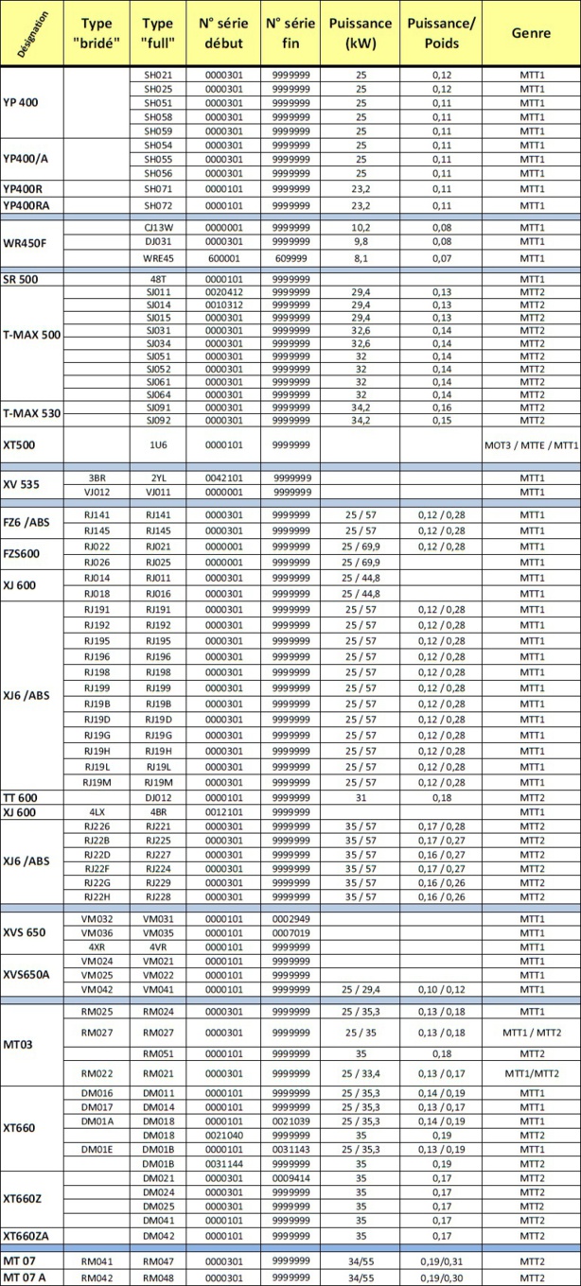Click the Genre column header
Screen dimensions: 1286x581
pyautogui.click(x=531, y=32)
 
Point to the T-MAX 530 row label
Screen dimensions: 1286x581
pyautogui.click(x=32, y=413)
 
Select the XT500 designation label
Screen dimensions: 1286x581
pyautogui.click(x=21, y=443)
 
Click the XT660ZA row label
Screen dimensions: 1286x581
pyautogui.click(x=29, y=1235)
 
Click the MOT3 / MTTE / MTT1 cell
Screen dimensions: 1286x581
pyautogui.click(x=531, y=443)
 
